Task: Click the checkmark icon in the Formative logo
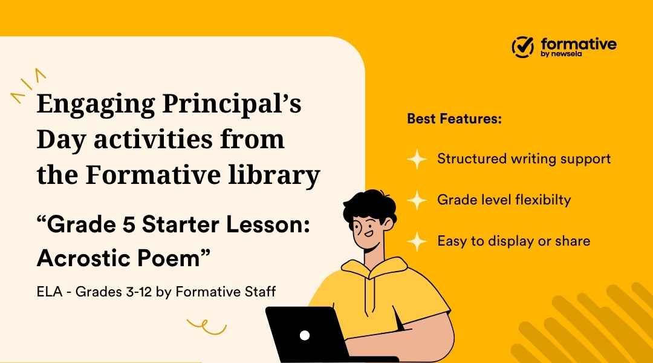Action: [x=523, y=46]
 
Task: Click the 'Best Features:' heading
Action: [x=454, y=119]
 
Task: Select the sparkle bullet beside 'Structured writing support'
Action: [x=417, y=159]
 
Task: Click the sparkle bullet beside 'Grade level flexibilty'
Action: [x=417, y=200]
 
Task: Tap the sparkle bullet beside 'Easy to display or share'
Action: [x=417, y=241]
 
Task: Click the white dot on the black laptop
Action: [x=305, y=335]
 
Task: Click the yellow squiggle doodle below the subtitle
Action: [x=206, y=327]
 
